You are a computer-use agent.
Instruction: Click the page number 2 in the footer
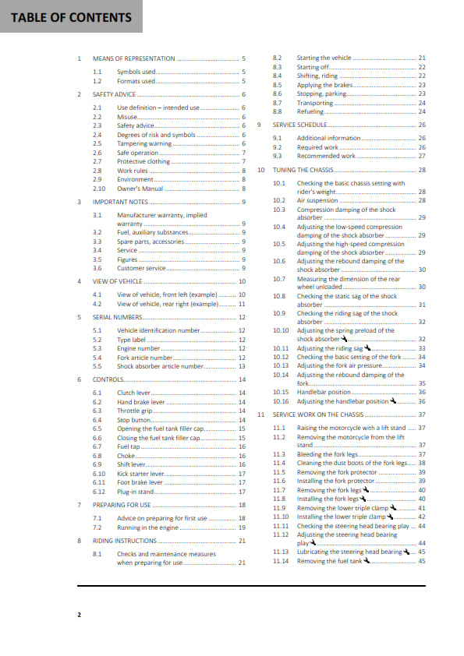(79, 615)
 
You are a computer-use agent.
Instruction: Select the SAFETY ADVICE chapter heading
(114, 94)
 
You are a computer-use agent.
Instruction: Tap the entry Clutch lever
(134, 392)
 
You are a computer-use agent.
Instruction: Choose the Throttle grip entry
(134, 411)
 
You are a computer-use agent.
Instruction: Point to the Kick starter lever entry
(141, 473)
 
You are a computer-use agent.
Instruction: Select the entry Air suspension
(317, 200)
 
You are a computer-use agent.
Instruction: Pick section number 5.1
(97, 330)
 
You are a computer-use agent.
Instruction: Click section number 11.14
(282, 561)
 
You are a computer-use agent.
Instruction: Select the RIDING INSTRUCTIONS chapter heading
(125, 540)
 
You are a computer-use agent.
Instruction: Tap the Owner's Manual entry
(140, 188)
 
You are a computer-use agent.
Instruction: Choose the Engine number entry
(139, 348)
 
